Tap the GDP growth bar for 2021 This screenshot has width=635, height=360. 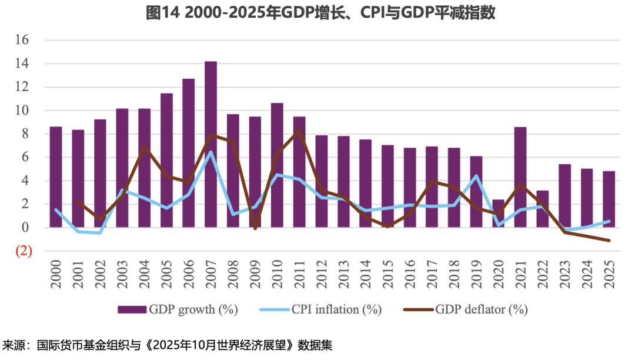point(520,176)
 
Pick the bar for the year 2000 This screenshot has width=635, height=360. point(56,176)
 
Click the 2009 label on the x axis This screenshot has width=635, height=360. point(255,275)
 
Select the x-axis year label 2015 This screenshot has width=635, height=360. point(388,275)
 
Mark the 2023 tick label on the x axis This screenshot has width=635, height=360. point(565,275)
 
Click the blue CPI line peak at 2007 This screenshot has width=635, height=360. point(210,152)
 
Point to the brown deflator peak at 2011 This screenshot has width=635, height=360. point(299,130)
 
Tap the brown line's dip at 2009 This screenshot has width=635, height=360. point(255,228)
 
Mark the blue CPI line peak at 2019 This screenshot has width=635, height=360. point(476,175)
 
